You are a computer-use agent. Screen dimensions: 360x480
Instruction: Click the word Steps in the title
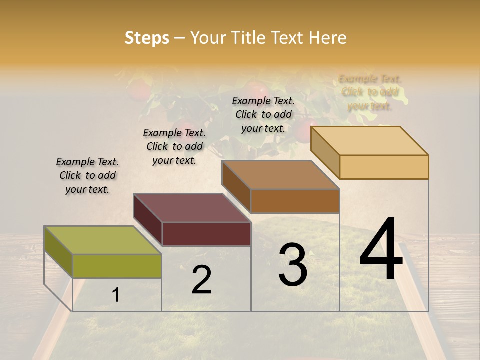point(147,38)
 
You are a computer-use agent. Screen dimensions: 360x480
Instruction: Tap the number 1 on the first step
point(115,295)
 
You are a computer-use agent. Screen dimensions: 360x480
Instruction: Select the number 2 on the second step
point(201,280)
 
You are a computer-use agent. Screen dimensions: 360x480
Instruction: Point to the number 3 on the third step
point(293,265)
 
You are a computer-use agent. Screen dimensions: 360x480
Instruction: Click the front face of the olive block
point(117,266)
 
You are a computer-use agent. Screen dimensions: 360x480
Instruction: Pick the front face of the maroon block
point(206,234)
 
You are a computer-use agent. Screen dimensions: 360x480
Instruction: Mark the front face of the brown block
point(295,201)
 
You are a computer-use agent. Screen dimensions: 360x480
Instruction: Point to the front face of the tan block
point(384,167)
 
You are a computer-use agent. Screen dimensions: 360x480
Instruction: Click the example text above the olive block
point(87,176)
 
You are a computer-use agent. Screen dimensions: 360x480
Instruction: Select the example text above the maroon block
point(174,147)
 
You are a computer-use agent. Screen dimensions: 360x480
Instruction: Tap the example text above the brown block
point(263,114)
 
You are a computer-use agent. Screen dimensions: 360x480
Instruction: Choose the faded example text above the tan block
point(370,92)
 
